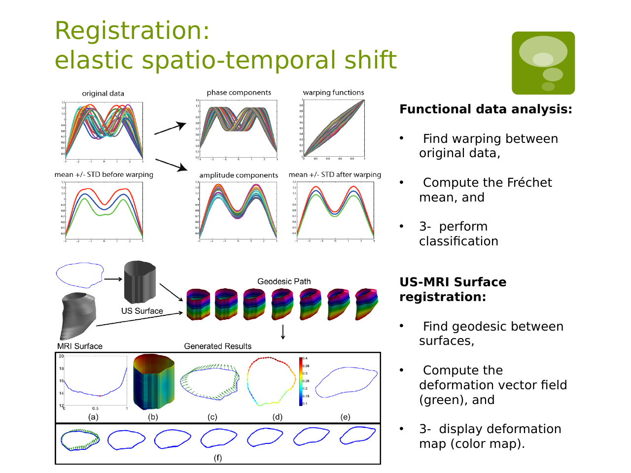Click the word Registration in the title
pyautogui.click(x=132, y=31)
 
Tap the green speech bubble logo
pyautogui.click(x=543, y=63)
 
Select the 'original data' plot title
pyautogui.click(x=103, y=94)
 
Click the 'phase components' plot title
pyautogui.click(x=239, y=93)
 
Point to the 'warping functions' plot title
pyautogui.click(x=333, y=93)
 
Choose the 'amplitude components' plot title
pyautogui.click(x=239, y=175)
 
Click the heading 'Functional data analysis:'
pyautogui.click(x=486, y=109)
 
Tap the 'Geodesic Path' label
pyautogui.click(x=284, y=281)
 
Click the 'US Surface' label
pyautogui.click(x=142, y=311)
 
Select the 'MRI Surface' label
pyautogui.click(x=80, y=346)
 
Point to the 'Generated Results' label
pyautogui.click(x=217, y=346)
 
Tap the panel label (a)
pyautogui.click(x=93, y=417)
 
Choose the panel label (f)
pyautogui.click(x=217, y=458)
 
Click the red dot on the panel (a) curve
pyautogui.click(x=100, y=396)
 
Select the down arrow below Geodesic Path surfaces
pyautogui.click(x=283, y=332)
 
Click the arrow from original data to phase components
pyautogui.click(x=170, y=128)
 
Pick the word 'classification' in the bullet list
pyautogui.click(x=458, y=241)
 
